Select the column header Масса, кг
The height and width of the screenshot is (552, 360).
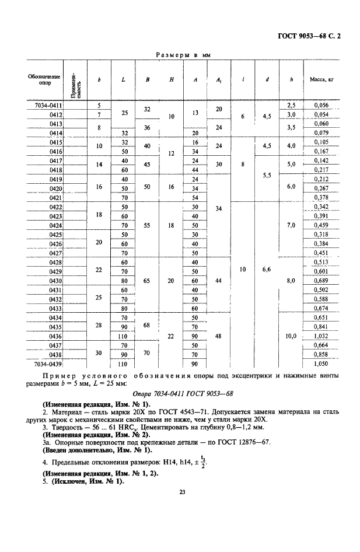pyautogui.click(x=321, y=79)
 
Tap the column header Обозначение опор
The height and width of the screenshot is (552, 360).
pyautogui.click(x=40, y=79)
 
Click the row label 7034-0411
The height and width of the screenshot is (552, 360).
pyautogui.click(x=47, y=106)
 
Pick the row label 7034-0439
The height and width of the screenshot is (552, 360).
pyautogui.click(x=47, y=362)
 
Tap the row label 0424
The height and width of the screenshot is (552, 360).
pyautogui.click(x=55, y=225)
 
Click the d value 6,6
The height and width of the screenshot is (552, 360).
pyautogui.click(x=267, y=271)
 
